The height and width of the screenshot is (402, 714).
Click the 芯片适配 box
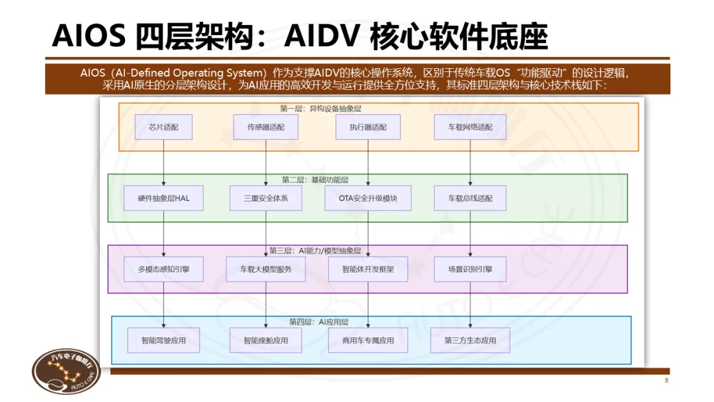point(163,127)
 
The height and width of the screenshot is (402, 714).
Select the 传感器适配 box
point(266,127)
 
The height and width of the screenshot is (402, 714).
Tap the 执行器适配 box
point(368,127)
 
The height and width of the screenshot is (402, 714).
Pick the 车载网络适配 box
point(470,127)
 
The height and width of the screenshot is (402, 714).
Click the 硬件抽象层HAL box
point(163,198)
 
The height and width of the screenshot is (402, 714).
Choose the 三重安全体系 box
point(266,198)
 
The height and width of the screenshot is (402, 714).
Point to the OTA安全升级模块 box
point(368,198)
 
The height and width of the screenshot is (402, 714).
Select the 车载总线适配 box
point(470,198)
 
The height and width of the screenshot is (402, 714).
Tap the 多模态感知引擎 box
point(163,269)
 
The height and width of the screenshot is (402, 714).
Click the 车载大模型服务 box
point(266,269)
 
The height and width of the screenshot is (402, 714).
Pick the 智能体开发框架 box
point(368,269)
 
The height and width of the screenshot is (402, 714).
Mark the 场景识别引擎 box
point(470,269)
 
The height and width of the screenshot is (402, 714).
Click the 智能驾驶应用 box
point(163,341)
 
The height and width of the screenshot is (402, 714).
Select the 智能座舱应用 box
point(266,341)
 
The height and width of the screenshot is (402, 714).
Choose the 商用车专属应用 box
point(368,341)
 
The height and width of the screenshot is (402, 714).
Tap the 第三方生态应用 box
point(470,341)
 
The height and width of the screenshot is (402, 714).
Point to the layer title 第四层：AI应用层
point(319,322)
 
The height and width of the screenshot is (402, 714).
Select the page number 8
point(666,381)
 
